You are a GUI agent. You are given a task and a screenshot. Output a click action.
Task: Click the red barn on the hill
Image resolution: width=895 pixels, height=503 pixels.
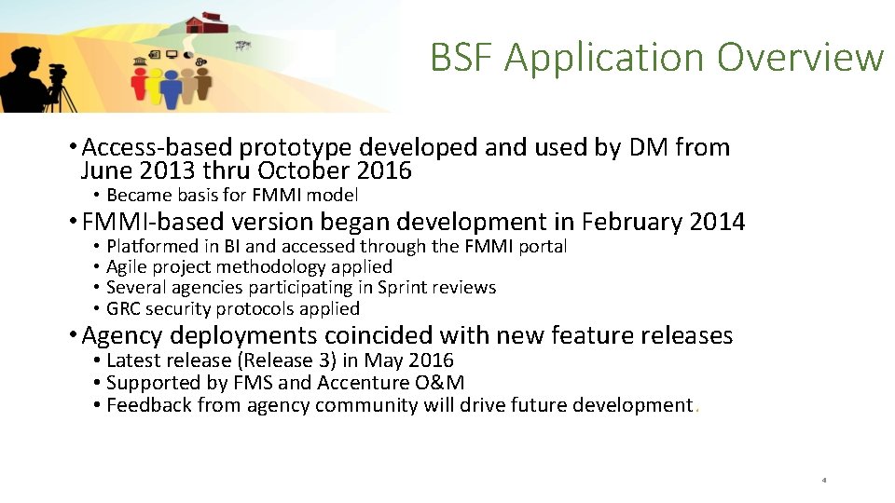point(207,23)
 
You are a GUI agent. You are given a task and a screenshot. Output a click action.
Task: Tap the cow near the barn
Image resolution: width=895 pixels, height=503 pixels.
point(243,44)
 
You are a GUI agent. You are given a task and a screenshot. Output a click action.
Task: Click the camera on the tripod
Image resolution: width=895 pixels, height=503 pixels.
point(58,71)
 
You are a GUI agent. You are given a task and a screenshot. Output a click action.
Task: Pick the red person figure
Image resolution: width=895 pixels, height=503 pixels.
point(140,86)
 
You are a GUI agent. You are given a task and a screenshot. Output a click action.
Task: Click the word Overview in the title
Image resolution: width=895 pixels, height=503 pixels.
point(800,58)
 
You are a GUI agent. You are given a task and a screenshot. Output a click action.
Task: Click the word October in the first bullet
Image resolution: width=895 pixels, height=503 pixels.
point(304,171)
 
